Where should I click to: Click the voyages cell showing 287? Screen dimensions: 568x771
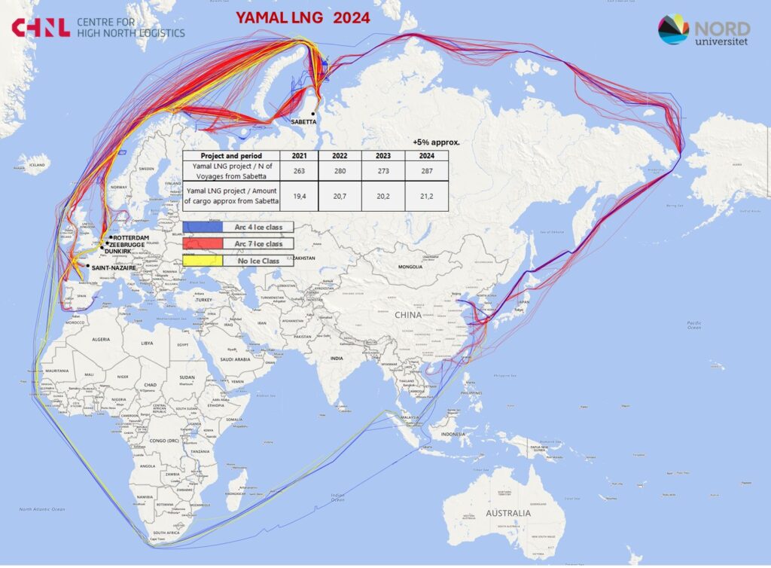pos(427,170)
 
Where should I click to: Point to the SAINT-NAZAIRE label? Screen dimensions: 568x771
pos(114,267)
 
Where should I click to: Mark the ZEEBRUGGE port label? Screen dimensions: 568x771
pos(128,246)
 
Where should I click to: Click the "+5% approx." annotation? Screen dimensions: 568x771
pos(436,142)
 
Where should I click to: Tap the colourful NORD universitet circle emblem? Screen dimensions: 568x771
pos(673,29)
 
